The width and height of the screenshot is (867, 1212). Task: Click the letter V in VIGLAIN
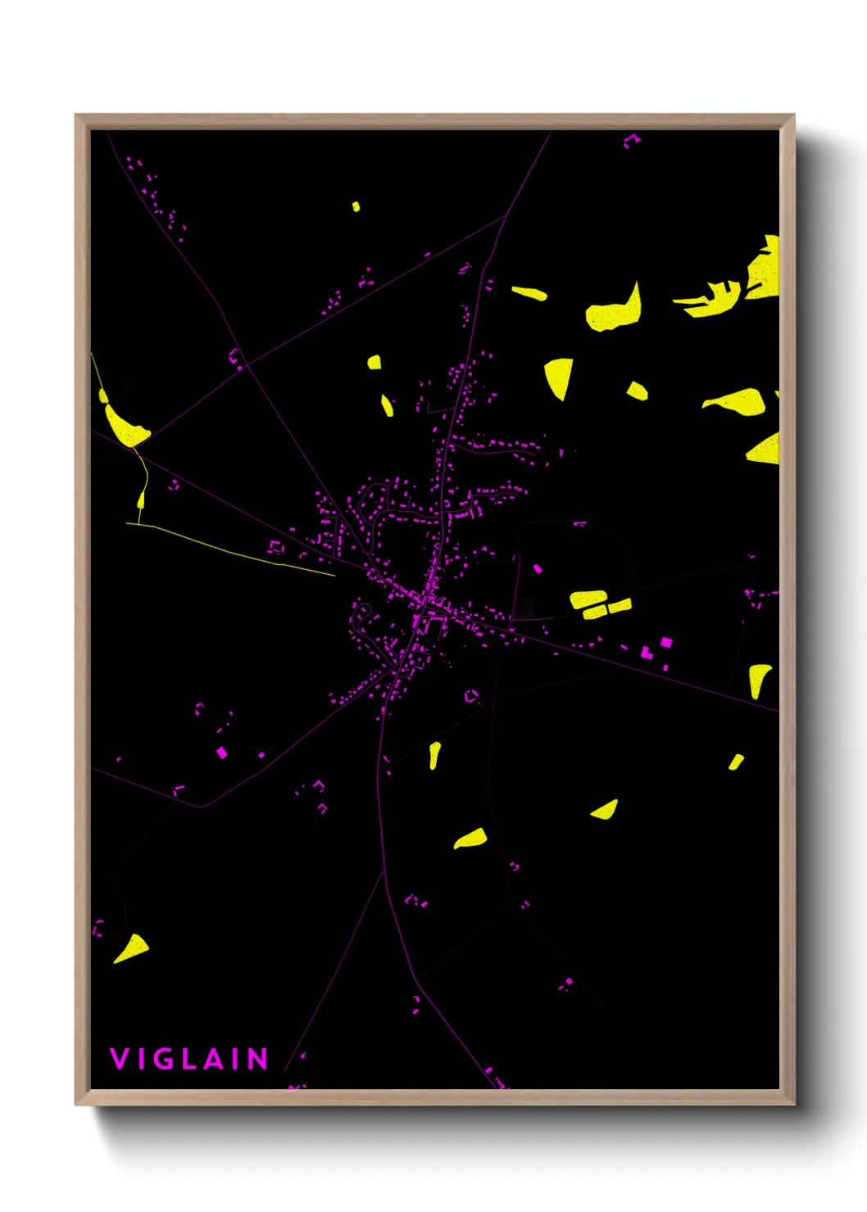click(x=119, y=1059)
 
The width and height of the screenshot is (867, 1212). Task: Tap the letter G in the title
click(x=165, y=1059)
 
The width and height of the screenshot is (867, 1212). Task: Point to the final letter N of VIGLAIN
click(x=258, y=1059)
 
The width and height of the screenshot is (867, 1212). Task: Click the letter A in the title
click(x=214, y=1059)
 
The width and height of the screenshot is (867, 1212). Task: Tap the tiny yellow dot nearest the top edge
click(x=356, y=206)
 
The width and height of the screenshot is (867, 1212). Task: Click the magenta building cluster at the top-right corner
click(x=630, y=140)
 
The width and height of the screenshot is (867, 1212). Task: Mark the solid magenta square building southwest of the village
click(x=221, y=752)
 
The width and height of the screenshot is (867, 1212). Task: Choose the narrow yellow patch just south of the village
click(x=433, y=754)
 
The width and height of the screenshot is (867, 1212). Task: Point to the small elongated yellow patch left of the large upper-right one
click(x=529, y=292)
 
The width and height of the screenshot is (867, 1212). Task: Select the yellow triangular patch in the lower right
click(x=606, y=811)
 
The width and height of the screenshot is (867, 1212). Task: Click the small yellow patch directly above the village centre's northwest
click(x=374, y=362)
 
